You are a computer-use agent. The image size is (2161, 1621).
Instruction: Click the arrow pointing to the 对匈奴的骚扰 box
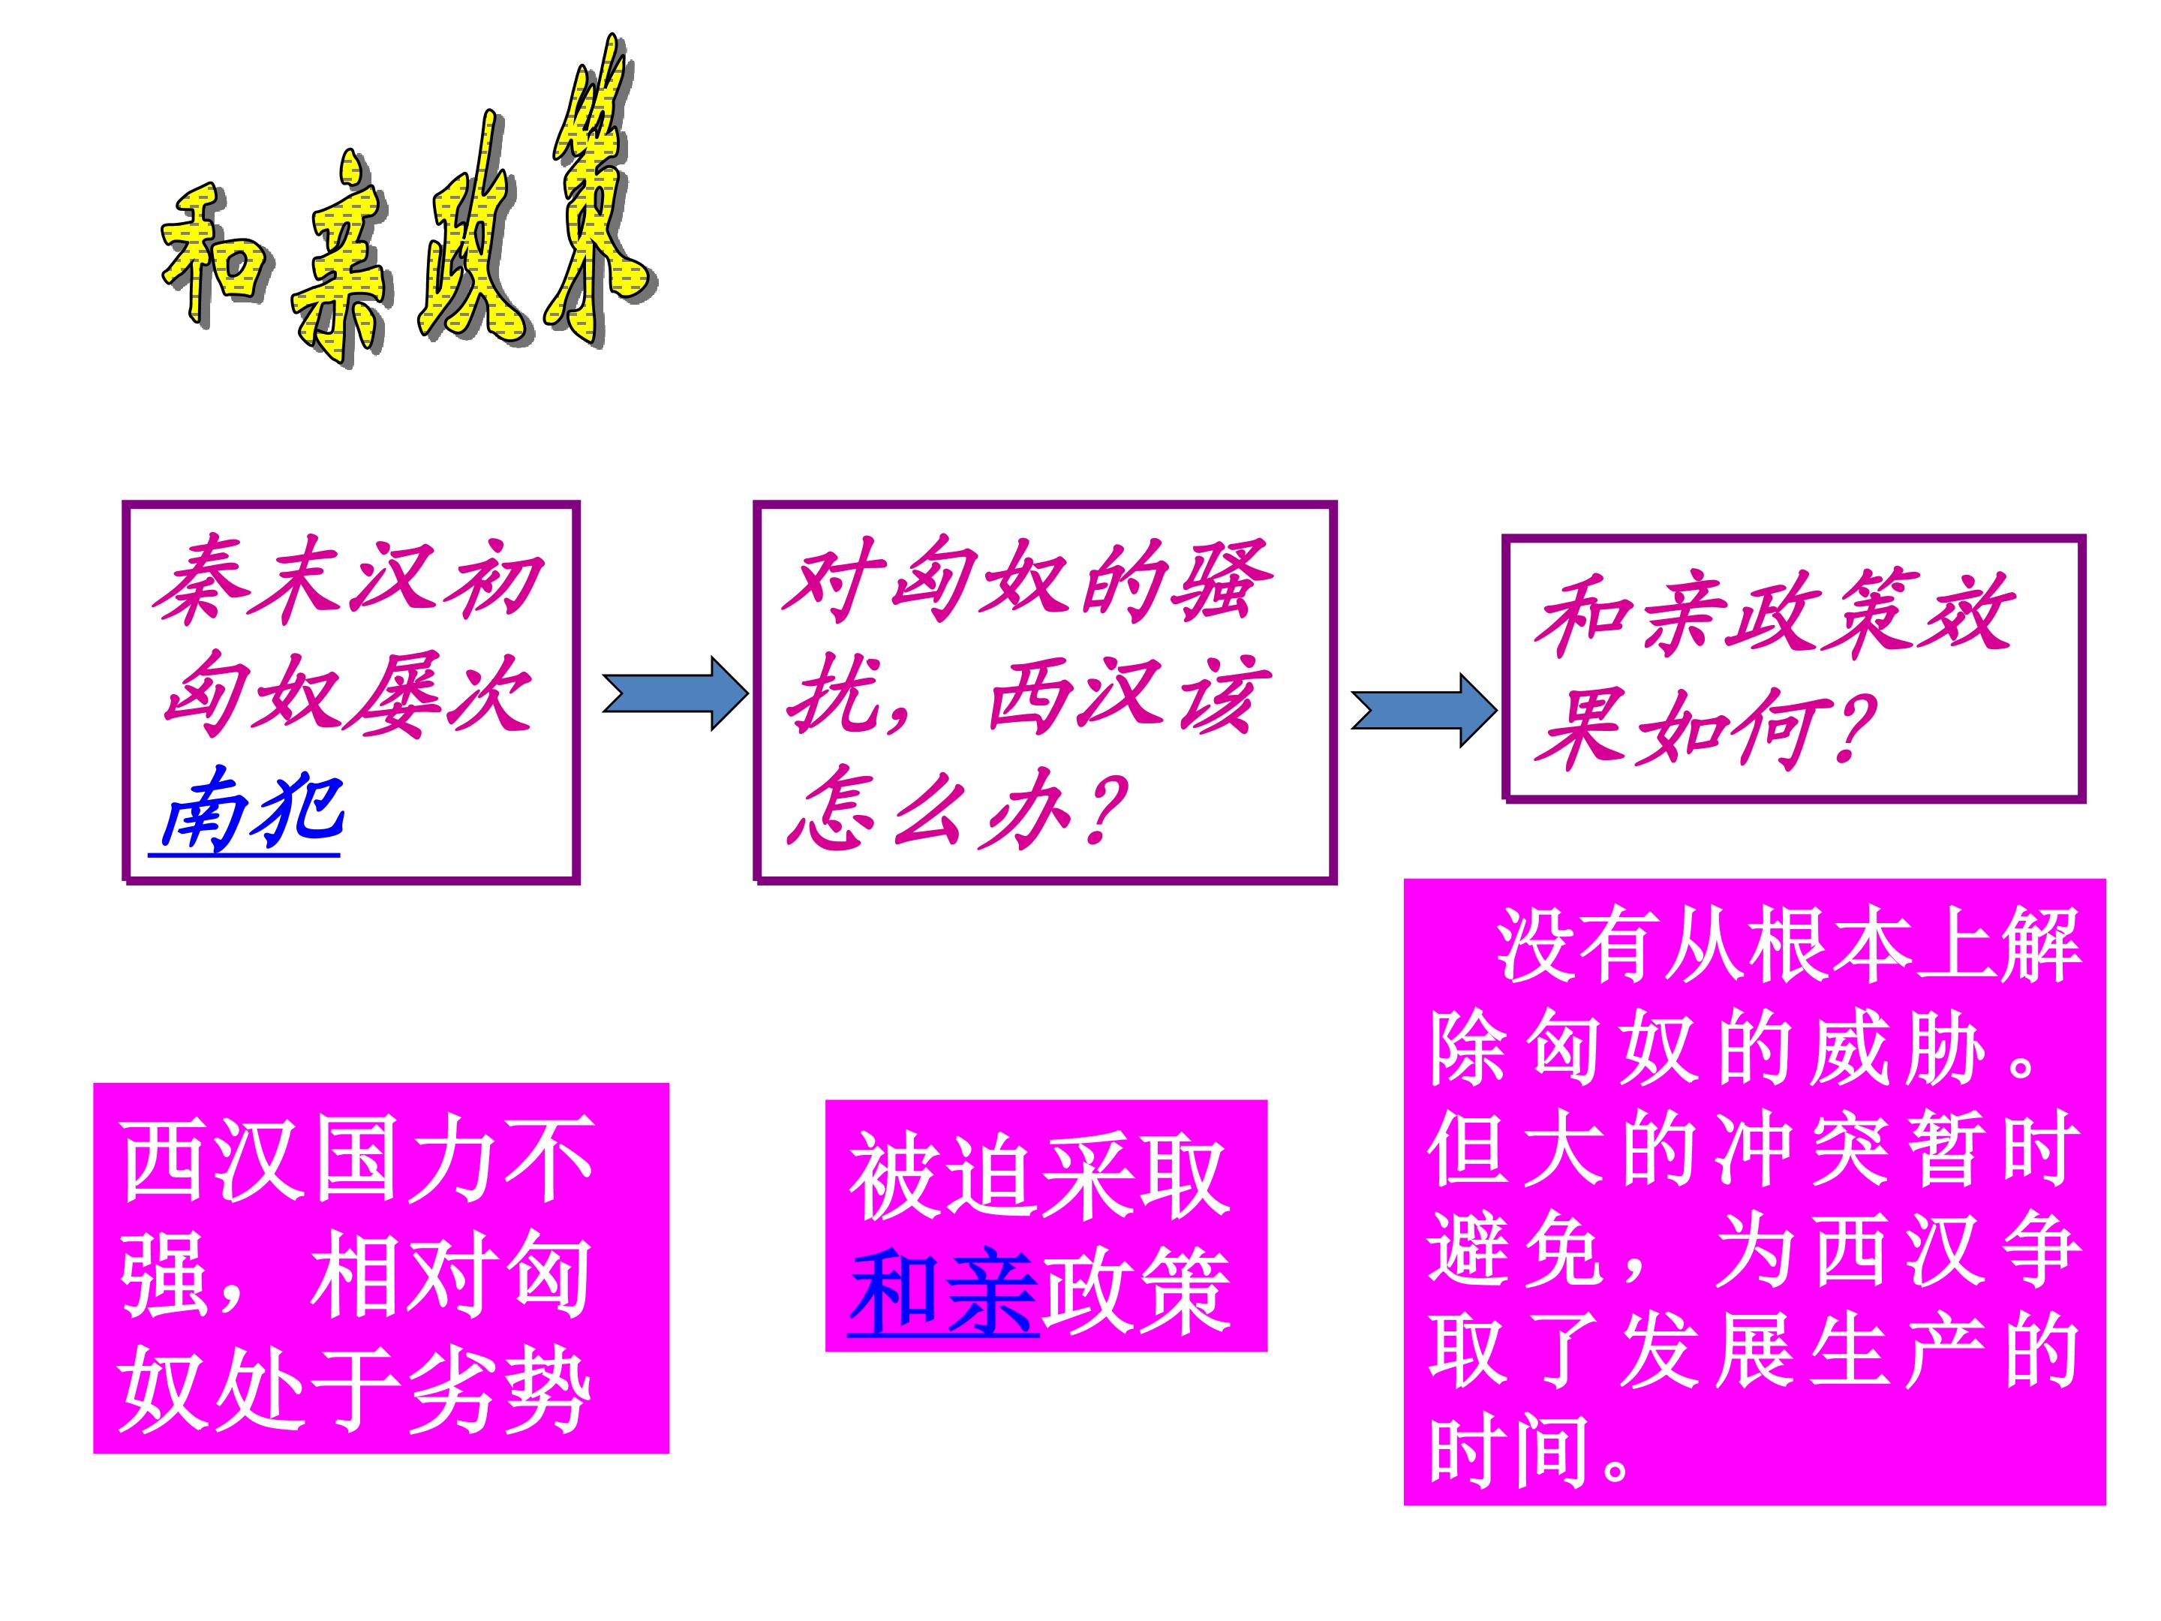[x=675, y=693]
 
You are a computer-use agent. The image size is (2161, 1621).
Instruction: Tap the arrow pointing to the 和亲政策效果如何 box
[x=1423, y=711]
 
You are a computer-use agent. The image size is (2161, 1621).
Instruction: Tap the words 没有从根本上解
[x=1788, y=946]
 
